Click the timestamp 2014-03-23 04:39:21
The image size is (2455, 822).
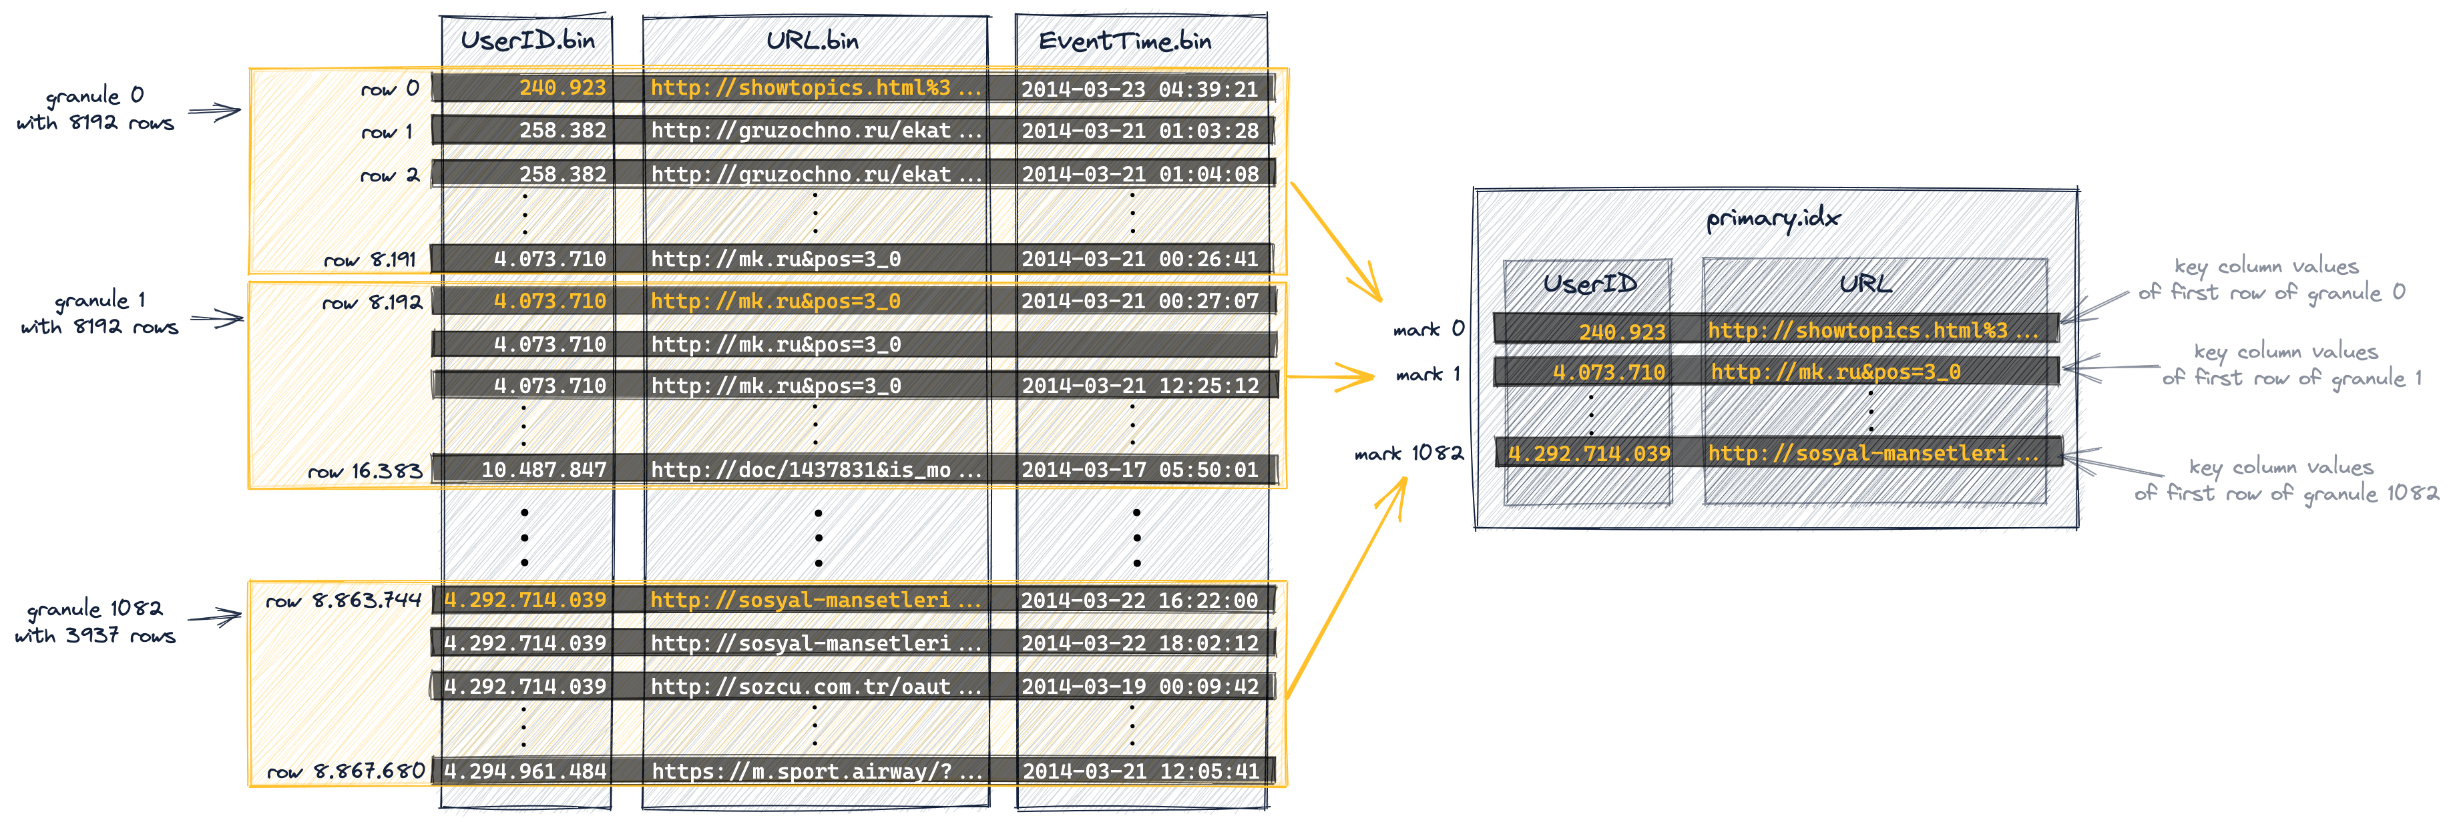(1140, 89)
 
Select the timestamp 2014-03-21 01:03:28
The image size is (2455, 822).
(1140, 131)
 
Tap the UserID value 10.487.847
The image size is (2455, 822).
(543, 470)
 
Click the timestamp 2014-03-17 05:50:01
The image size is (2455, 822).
(1140, 470)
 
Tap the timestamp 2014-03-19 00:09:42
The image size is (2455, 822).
(1140, 686)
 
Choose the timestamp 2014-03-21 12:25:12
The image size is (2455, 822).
(1140, 386)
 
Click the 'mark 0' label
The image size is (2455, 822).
(1427, 330)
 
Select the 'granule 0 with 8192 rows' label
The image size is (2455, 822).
(95, 109)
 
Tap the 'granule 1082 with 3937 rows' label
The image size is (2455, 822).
(95, 621)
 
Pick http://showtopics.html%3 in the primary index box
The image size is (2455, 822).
(1871, 330)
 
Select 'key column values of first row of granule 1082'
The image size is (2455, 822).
(2285, 480)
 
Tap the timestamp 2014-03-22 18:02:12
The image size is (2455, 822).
(1140, 643)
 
